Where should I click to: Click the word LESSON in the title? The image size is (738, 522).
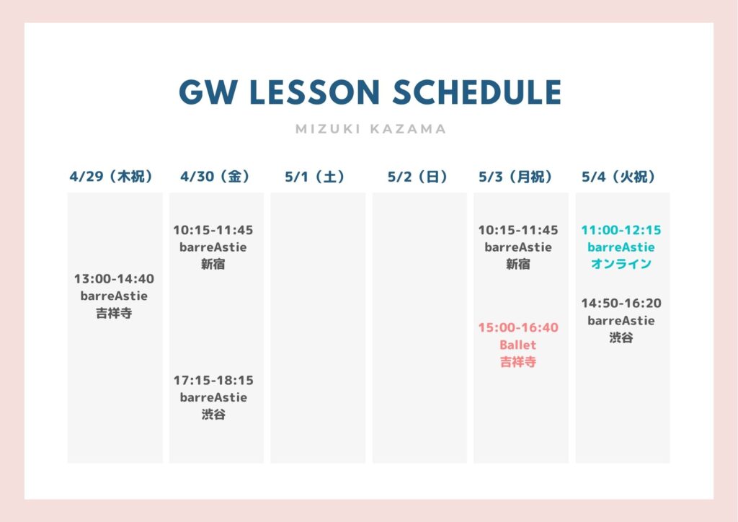314,92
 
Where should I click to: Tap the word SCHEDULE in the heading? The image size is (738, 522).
477,92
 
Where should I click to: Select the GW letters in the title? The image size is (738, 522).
208,92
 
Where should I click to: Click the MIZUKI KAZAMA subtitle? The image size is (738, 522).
371,129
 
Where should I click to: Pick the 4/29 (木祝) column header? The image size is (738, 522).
112,177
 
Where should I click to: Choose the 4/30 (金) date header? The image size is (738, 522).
215,177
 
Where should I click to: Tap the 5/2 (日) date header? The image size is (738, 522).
418,177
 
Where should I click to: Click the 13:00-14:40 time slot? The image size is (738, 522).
114,278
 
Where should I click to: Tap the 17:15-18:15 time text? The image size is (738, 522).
213,380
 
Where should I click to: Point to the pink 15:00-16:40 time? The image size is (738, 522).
518,327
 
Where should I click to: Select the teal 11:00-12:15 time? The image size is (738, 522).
621,230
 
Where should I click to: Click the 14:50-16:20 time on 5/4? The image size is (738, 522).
621,303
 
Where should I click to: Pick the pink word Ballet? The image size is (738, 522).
517,345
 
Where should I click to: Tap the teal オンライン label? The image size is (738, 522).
621,264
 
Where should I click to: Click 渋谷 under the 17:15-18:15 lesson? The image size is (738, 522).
213,414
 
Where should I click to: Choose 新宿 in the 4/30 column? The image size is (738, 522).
213,264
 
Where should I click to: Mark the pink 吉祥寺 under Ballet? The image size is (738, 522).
517,362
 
